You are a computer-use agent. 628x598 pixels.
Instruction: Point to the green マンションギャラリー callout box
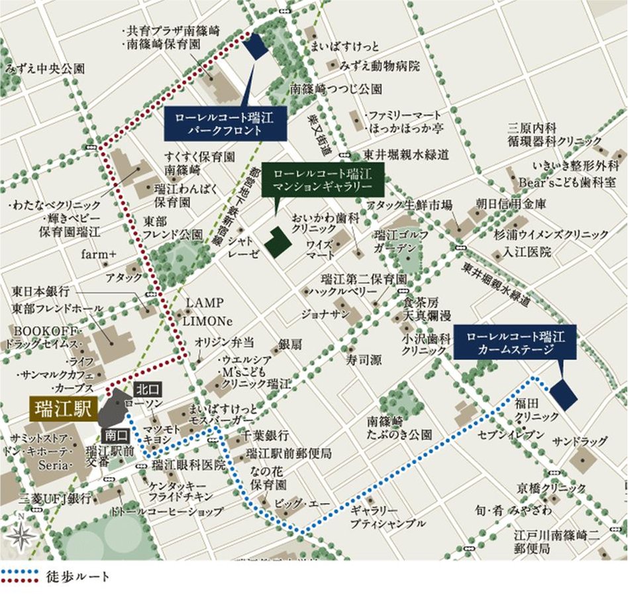319,178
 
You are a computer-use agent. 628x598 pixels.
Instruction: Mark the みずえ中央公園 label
44,68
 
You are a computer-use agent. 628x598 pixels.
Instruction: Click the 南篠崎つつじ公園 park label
335,88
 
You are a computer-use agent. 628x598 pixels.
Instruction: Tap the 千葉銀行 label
266,436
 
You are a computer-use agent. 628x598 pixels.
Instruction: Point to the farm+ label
99,254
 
